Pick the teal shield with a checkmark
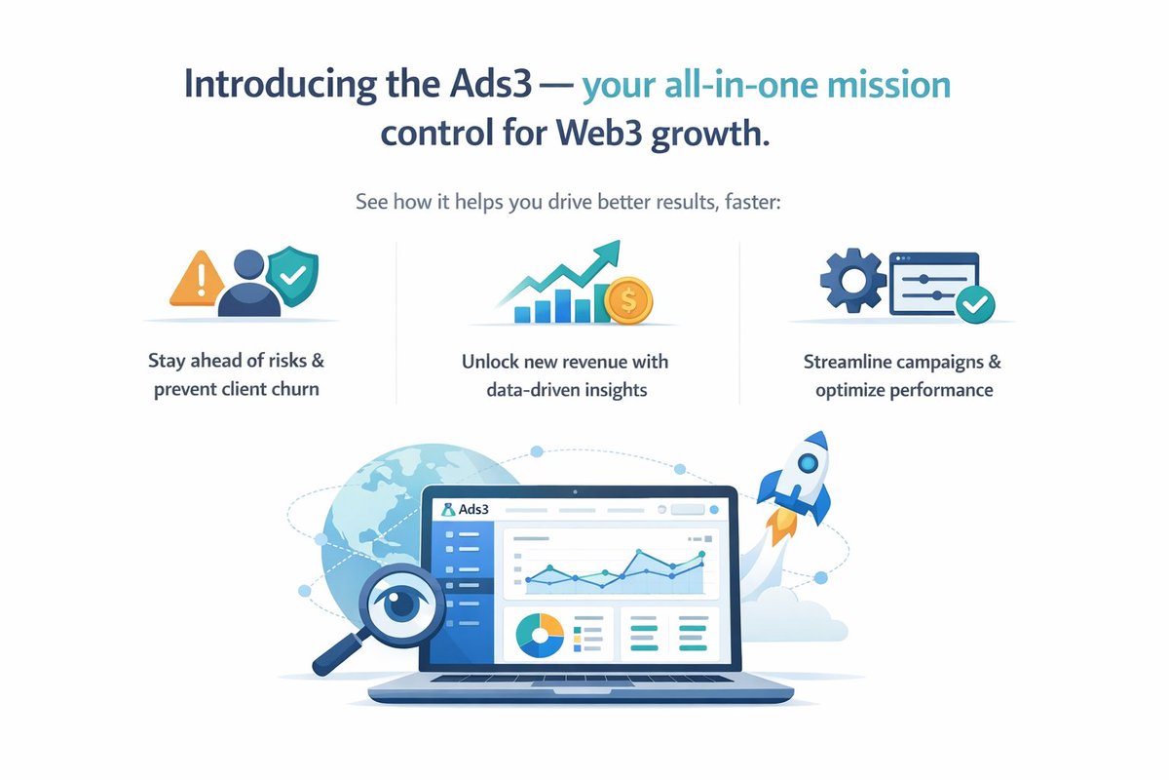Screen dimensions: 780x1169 (x=292, y=273)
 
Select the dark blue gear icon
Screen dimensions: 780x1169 (x=849, y=277)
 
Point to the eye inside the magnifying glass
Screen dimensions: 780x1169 (x=401, y=603)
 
